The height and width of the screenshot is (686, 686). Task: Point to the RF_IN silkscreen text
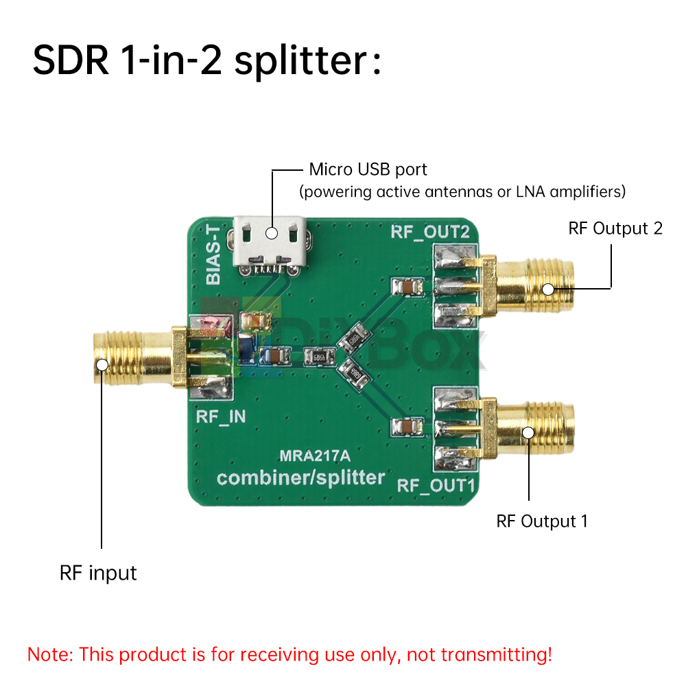[x=221, y=416]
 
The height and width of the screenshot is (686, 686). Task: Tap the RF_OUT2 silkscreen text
[x=430, y=231]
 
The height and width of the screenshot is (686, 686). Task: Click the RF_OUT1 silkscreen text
[x=438, y=486]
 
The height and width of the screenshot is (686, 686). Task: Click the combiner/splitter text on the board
[x=301, y=477]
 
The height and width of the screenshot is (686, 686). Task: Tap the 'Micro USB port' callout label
[x=368, y=169]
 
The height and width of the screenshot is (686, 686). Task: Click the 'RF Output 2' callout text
[x=615, y=228]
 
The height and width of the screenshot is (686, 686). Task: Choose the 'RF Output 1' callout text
[x=542, y=521]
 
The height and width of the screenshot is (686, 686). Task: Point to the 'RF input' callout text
[x=98, y=573]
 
